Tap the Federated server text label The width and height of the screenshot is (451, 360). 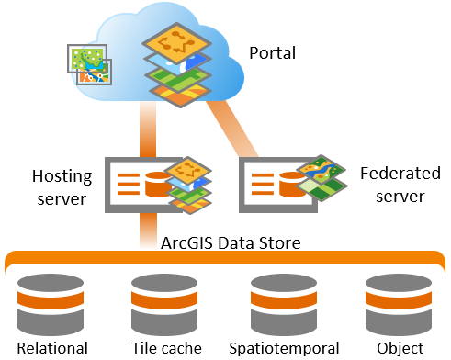tap(392, 184)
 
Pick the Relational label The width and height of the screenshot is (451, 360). tap(51, 348)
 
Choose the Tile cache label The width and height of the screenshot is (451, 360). tap(163, 348)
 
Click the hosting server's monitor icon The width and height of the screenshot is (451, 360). tap(138, 186)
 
